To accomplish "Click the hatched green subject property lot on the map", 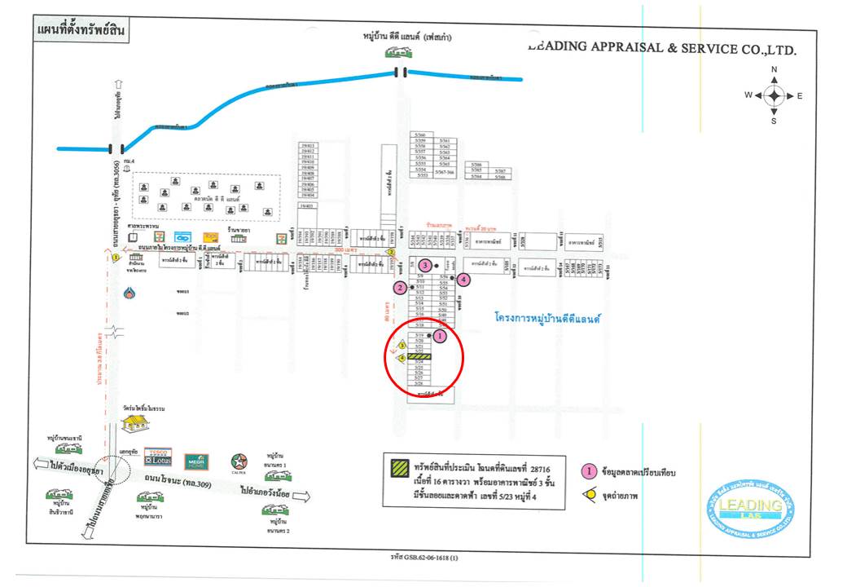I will pyautogui.click(x=419, y=356).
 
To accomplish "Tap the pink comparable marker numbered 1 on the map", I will pyautogui.click(x=441, y=335).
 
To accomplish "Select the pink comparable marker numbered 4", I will pyautogui.click(x=463, y=280).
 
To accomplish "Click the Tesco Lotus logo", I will pyautogui.click(x=157, y=457).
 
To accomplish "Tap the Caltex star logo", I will pyautogui.click(x=239, y=461).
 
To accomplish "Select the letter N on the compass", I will pyautogui.click(x=774, y=70).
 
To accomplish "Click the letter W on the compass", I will pyautogui.click(x=748, y=95).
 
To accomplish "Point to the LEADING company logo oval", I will pyautogui.click(x=750, y=508).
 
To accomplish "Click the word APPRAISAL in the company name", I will pyautogui.click(x=627, y=47).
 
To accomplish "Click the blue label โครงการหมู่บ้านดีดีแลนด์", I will pyautogui.click(x=546, y=319).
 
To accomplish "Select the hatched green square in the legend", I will pyautogui.click(x=400, y=468).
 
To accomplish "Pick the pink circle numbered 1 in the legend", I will pyautogui.click(x=586, y=470).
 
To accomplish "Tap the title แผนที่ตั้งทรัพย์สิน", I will pyautogui.click(x=81, y=32).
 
